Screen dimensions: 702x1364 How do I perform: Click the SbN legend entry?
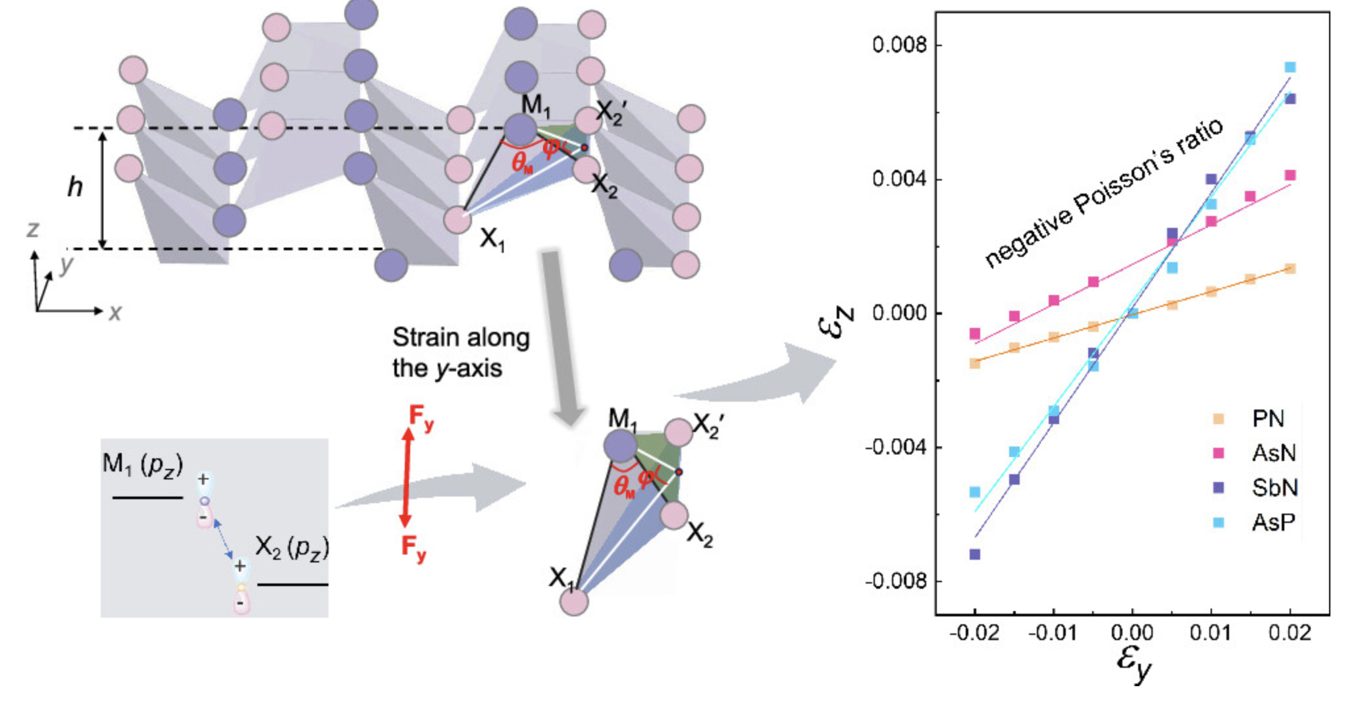click(1273, 488)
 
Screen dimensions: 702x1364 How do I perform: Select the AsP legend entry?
click(1273, 523)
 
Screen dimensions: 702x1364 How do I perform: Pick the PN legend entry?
click(1267, 419)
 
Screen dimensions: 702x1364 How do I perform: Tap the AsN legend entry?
click(1273, 453)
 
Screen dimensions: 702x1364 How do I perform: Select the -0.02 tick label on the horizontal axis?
click(974, 634)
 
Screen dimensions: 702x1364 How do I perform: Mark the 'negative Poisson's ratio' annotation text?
click(1103, 192)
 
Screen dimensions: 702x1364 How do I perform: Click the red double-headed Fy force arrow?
click(407, 477)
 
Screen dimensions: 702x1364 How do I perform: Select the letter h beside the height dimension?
click(75, 188)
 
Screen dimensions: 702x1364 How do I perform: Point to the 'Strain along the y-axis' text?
click(460, 352)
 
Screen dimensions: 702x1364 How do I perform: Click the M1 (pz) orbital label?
click(142, 464)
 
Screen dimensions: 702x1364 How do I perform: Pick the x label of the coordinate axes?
click(115, 312)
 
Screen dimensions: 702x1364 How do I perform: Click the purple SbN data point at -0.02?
click(975, 554)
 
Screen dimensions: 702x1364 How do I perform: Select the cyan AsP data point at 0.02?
click(1290, 67)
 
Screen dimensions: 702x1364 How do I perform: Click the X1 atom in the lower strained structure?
click(574, 602)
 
